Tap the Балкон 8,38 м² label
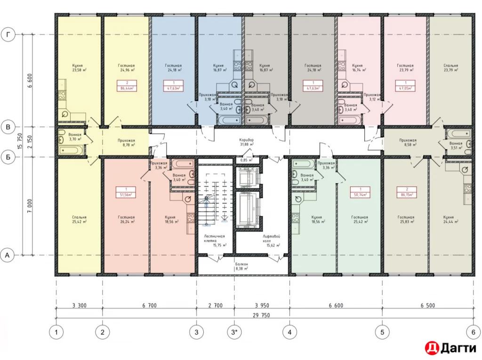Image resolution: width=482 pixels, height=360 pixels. point(241,267)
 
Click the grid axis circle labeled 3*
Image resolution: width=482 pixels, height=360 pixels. point(234,332)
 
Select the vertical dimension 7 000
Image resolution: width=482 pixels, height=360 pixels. point(29,206)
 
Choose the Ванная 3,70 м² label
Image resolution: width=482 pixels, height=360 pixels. point(75,137)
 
